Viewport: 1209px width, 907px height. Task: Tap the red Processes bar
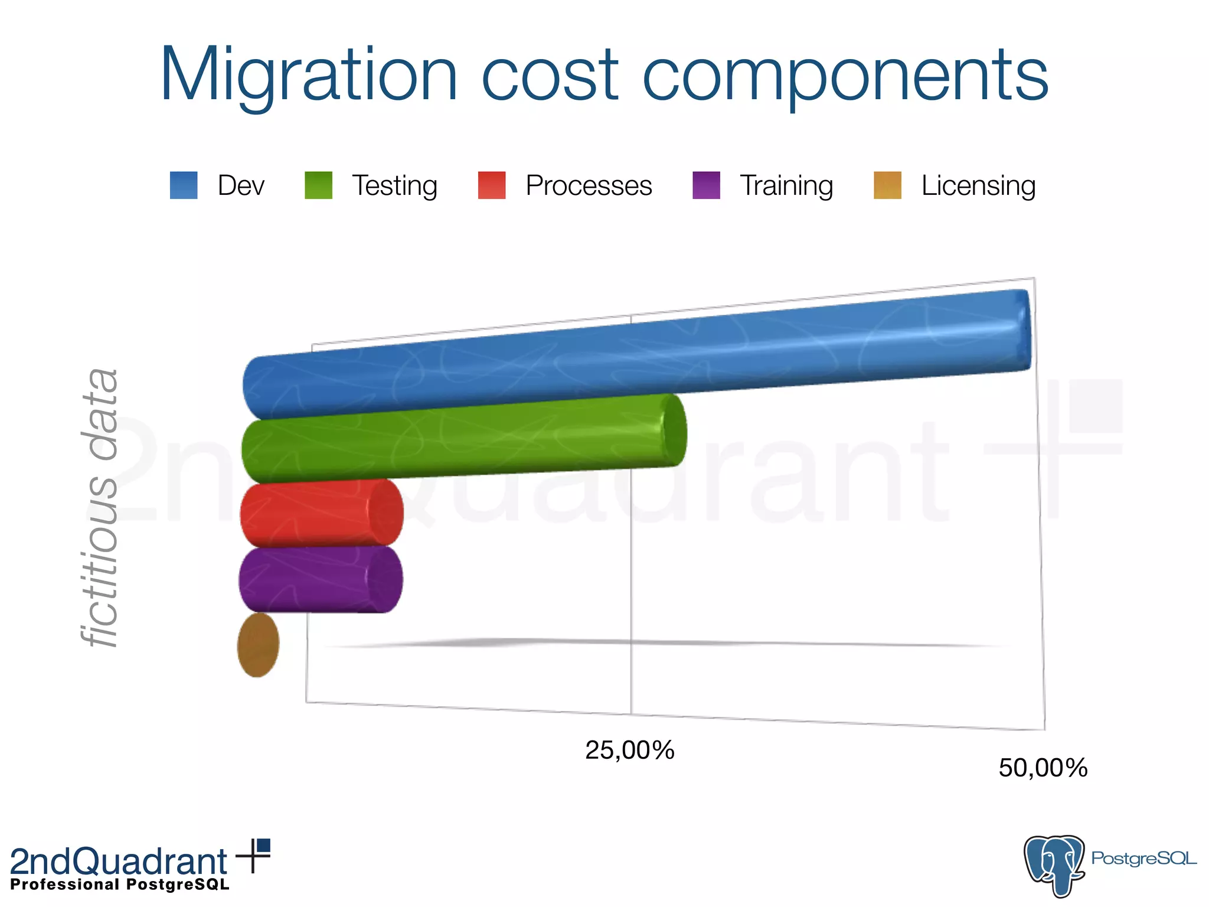322,513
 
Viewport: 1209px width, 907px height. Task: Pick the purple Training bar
321,579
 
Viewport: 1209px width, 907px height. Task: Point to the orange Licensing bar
258,645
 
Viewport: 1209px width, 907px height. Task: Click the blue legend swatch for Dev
184,185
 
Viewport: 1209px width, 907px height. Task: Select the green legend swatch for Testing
318,185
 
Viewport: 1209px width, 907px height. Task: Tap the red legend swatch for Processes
492,185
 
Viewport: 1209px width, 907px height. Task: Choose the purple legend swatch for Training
706,185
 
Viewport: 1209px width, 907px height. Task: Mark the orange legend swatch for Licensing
887,185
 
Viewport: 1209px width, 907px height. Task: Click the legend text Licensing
978,185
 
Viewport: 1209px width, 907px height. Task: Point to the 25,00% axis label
629,751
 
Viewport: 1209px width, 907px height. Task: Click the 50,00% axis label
1043,768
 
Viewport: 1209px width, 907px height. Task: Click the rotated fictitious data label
100,508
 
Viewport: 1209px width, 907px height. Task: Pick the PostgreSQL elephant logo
1054,864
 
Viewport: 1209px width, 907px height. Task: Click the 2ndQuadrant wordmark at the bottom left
119,861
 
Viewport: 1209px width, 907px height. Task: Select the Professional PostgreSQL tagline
120,885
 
